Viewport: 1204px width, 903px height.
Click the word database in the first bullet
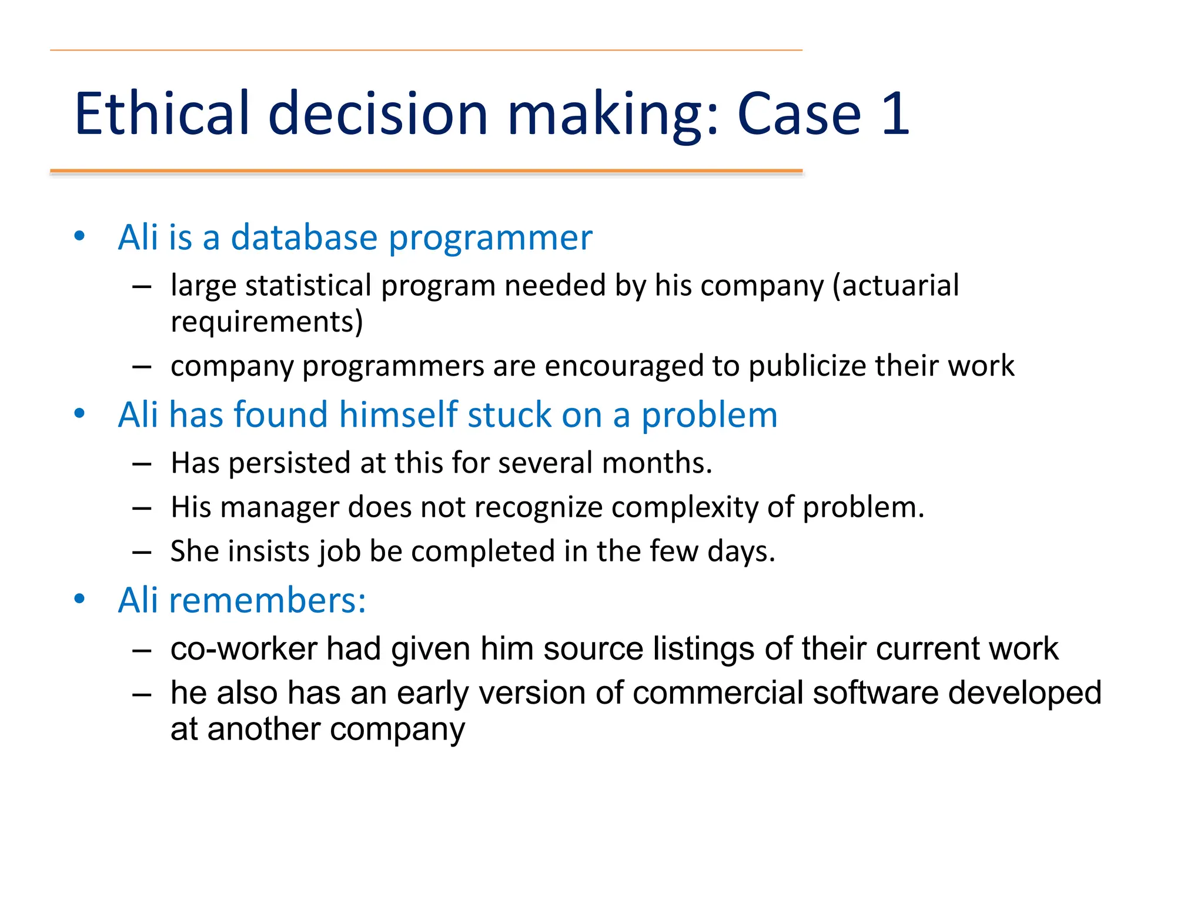(304, 238)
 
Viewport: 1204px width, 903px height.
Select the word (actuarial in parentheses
(895, 286)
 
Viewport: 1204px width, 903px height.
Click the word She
(194, 551)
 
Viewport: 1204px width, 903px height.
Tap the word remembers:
(267, 600)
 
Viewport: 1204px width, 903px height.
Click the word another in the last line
(263, 729)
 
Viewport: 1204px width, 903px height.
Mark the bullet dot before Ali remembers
(79, 599)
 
